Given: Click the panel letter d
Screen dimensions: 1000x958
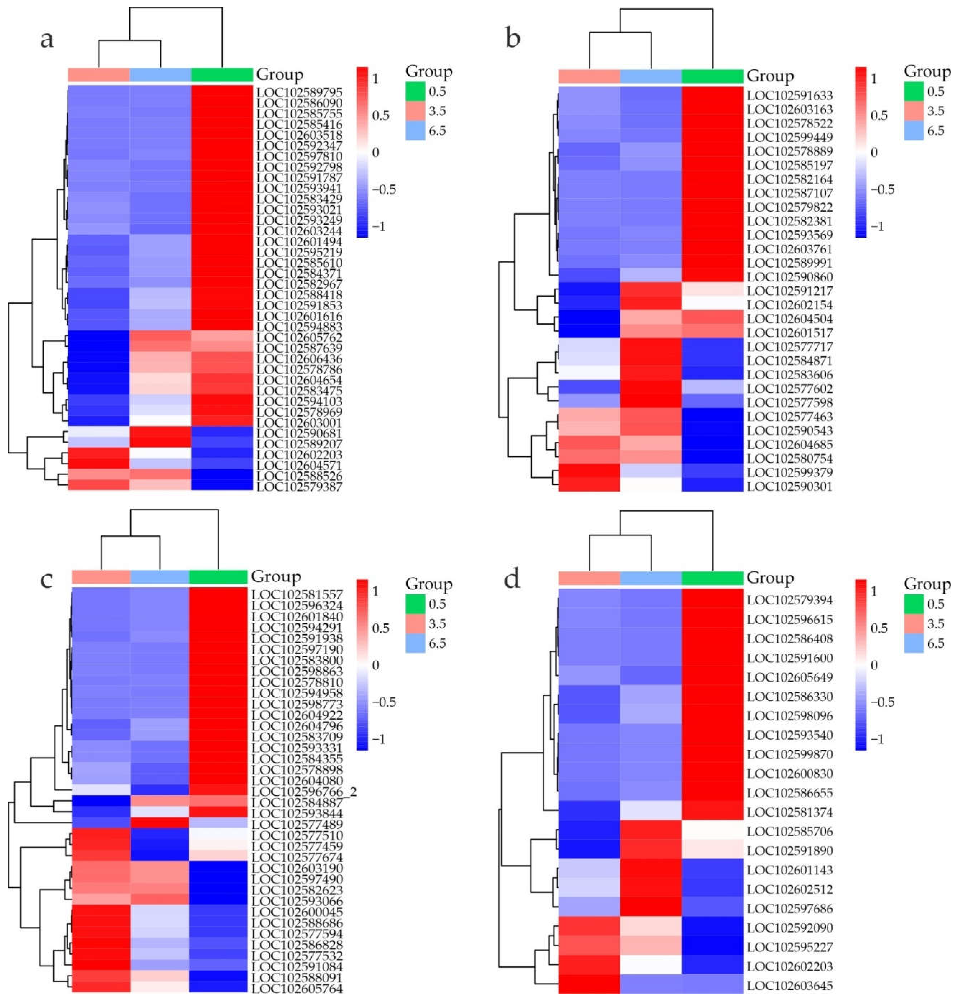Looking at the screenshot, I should tap(512, 578).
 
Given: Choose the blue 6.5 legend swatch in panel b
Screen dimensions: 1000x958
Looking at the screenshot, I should tap(914, 131).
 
